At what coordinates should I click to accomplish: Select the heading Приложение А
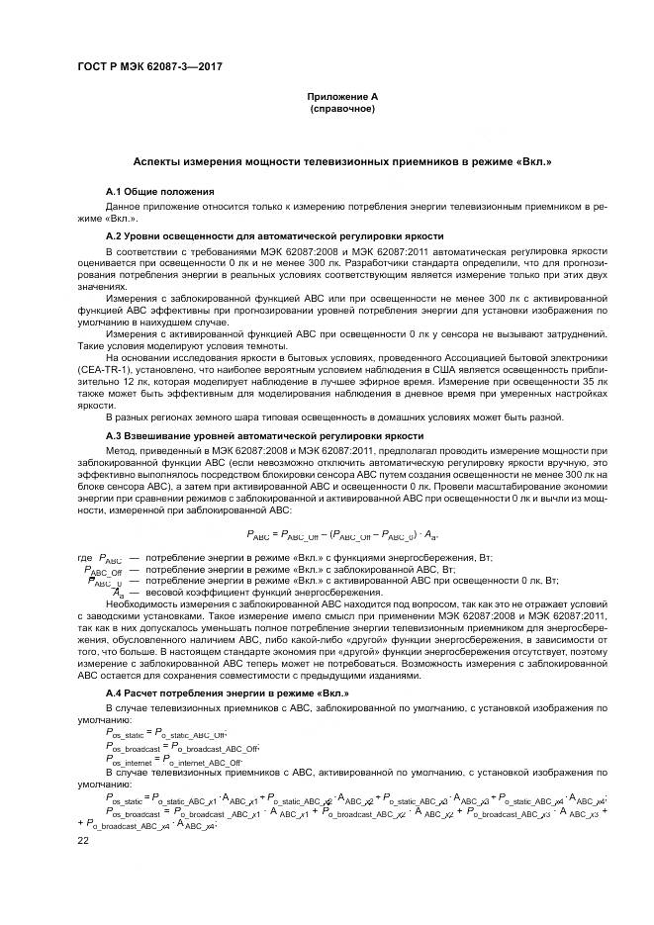(x=341, y=96)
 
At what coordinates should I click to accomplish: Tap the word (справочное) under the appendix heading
(x=341, y=108)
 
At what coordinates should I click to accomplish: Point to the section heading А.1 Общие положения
(x=160, y=190)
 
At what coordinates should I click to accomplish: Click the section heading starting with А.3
(x=264, y=435)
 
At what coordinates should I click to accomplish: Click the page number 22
(x=83, y=839)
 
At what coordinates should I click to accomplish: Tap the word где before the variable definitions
(x=84, y=558)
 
